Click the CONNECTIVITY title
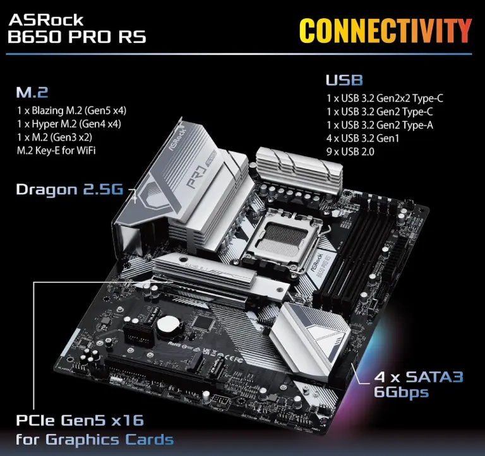(385, 30)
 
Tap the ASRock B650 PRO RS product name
(76, 29)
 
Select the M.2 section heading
(32, 92)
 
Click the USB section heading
(344, 80)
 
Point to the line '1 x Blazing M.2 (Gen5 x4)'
(71, 110)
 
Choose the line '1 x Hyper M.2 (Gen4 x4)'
(69, 124)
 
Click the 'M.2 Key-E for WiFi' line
(56, 151)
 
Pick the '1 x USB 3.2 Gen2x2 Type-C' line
(385, 98)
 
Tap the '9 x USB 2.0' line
(350, 152)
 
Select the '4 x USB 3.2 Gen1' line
(362, 138)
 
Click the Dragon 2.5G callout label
(69, 189)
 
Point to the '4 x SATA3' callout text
(419, 377)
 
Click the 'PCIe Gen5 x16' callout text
(80, 421)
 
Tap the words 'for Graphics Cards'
(95, 440)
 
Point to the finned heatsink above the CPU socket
(299, 169)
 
